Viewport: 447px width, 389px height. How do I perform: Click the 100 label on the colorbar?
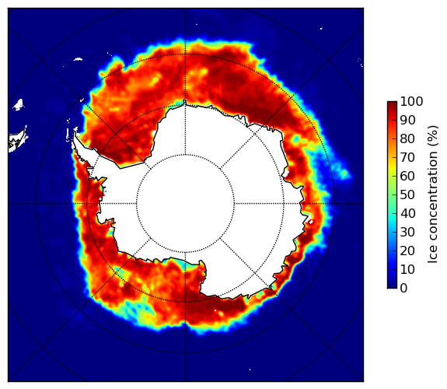click(411, 102)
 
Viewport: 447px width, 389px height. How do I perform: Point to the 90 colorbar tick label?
click(407, 121)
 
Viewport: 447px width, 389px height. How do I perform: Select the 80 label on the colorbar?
click(407, 139)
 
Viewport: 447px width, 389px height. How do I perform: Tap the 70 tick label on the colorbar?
click(407, 157)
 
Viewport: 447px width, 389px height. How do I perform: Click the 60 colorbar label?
click(407, 176)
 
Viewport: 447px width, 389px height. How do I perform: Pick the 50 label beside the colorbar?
click(407, 195)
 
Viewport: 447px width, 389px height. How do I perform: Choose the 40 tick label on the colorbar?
click(407, 213)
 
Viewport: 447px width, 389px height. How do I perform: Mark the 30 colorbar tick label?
click(407, 233)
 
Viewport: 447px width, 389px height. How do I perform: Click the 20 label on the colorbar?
click(407, 251)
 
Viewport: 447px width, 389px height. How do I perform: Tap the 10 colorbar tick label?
click(407, 269)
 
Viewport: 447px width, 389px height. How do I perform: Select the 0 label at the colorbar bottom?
click(404, 289)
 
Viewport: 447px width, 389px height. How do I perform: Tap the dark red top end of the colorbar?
click(392, 103)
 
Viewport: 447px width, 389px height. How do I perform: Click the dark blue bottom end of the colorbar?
click(392, 286)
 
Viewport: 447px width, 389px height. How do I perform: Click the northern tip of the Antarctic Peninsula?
click(75, 133)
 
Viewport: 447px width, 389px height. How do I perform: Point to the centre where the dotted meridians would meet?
click(186, 204)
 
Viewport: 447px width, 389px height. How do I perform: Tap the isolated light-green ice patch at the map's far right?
click(344, 173)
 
